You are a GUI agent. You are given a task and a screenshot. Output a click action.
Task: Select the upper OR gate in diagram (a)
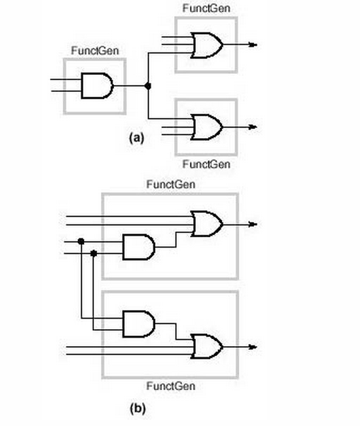click(207, 45)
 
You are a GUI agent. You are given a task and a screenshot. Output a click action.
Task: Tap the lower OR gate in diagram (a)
click(207, 127)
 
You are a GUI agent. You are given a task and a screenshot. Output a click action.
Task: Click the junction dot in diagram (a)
click(148, 86)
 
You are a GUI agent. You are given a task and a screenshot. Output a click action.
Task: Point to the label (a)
click(137, 139)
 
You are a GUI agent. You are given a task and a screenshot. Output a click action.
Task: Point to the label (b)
click(137, 409)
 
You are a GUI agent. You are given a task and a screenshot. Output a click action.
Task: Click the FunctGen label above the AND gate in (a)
click(94, 52)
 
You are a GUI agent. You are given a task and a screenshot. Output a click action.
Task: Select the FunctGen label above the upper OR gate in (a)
click(206, 8)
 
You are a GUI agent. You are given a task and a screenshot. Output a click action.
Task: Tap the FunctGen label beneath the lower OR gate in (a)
click(206, 164)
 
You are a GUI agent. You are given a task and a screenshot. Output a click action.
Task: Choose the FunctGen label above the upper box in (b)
click(170, 185)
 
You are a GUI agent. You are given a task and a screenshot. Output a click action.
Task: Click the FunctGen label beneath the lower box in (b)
click(170, 386)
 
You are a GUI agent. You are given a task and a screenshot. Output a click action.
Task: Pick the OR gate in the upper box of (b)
click(207, 224)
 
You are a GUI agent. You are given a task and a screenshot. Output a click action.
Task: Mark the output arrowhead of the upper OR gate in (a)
click(252, 45)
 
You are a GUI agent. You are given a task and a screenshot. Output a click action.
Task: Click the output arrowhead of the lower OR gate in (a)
click(252, 127)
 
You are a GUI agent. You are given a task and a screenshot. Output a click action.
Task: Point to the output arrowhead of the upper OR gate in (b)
click(252, 224)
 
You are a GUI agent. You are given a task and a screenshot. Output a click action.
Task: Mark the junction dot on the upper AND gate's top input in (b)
click(81, 241)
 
